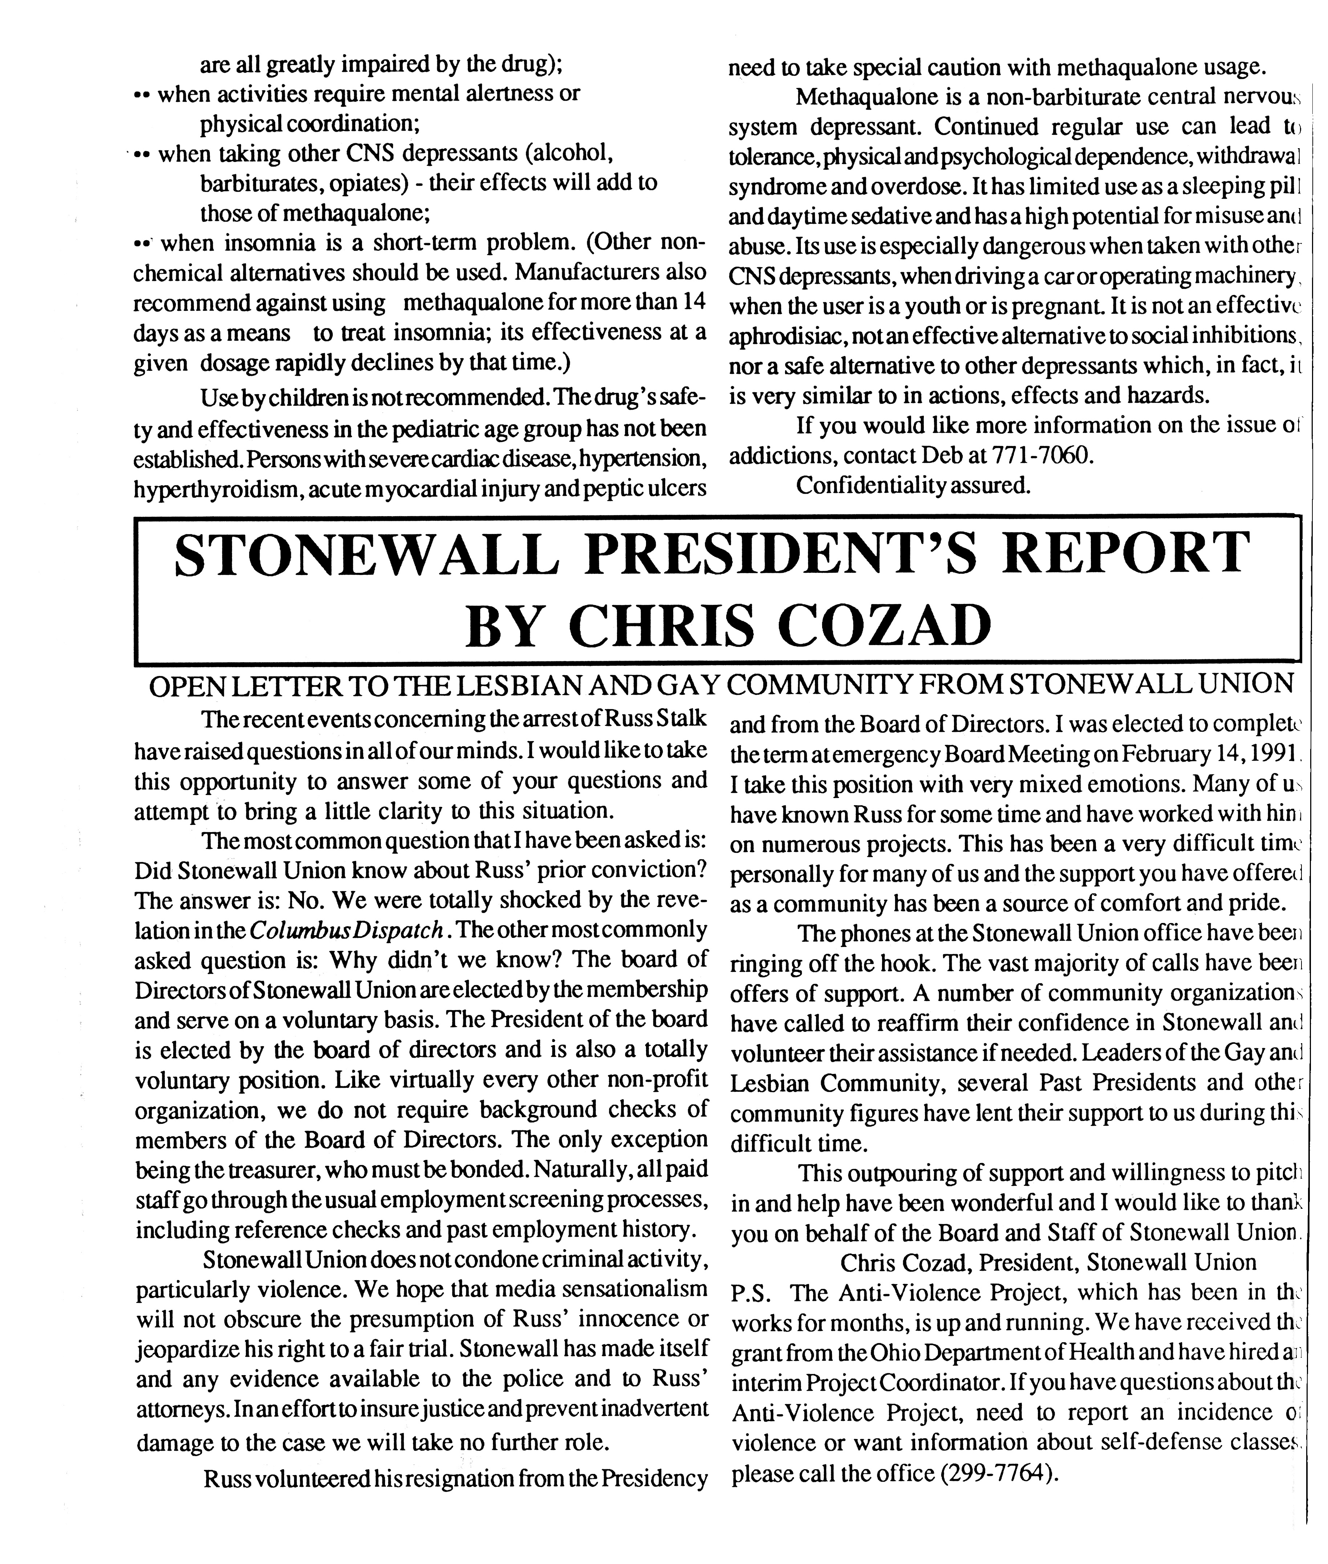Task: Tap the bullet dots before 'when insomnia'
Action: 143,244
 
